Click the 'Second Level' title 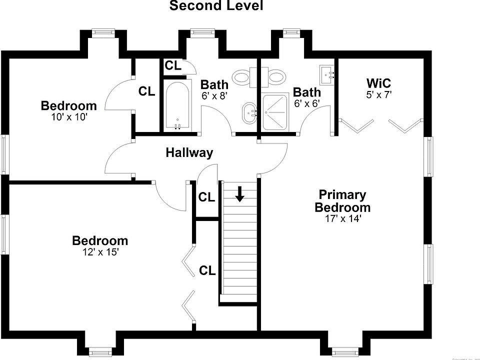point(216,6)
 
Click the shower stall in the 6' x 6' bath point(275,111)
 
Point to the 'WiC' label point(378,83)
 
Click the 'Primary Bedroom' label point(342,201)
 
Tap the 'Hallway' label point(189,152)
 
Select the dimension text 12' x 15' point(100,252)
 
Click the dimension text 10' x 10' point(68,117)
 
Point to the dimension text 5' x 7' point(378,94)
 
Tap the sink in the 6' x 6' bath point(327,75)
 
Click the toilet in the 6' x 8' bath point(243,77)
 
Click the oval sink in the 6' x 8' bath point(248,113)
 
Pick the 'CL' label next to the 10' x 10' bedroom point(146,91)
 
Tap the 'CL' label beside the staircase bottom point(207,271)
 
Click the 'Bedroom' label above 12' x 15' point(100,240)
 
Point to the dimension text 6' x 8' point(214,96)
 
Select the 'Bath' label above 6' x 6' point(306,92)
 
